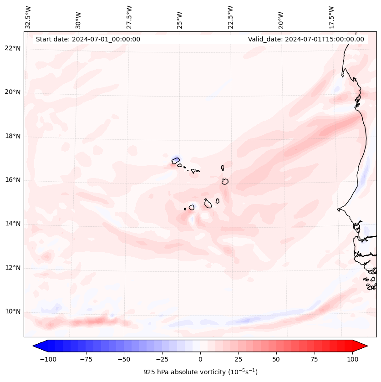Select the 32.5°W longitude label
point(28,17)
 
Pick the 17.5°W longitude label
point(331,17)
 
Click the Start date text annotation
point(88,39)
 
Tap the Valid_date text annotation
point(306,39)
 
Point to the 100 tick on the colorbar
point(352,359)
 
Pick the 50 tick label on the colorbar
point(276,359)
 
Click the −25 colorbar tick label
point(162,359)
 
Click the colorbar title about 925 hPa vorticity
point(200,372)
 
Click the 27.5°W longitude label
point(129,17)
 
